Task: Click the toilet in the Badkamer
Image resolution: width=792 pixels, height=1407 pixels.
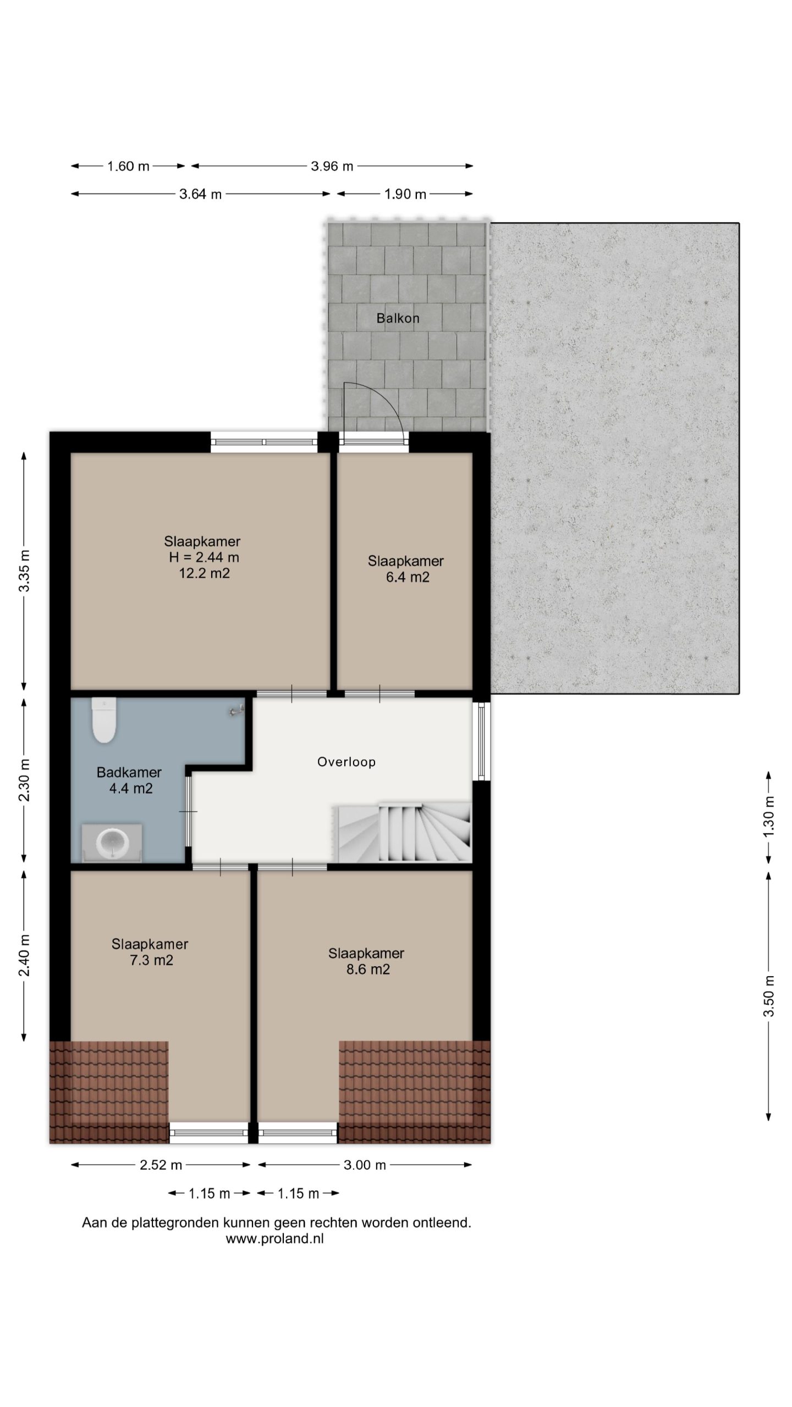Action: [103, 720]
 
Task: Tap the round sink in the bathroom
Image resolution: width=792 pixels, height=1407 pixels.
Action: [113, 841]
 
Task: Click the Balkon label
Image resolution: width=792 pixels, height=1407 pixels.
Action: [398, 318]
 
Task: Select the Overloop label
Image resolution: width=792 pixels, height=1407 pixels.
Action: [346, 762]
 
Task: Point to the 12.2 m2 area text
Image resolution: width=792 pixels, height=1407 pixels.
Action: [204, 574]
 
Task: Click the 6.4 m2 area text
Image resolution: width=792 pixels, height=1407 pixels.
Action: [408, 577]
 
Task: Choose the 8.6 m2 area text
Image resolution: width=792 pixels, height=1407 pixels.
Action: [368, 969]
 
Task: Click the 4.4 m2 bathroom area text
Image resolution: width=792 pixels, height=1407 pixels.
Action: [131, 788]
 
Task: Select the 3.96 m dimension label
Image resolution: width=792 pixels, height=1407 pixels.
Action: [332, 166]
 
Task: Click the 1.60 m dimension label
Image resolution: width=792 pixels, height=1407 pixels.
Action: [128, 166]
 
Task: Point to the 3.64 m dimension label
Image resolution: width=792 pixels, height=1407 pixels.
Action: [201, 194]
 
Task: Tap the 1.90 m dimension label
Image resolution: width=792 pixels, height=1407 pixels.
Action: [405, 194]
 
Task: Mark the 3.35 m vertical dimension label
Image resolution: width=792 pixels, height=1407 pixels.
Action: [24, 570]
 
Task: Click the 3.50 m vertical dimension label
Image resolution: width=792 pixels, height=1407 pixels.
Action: [768, 996]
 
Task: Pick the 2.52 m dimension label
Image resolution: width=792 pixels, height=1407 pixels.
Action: [161, 1165]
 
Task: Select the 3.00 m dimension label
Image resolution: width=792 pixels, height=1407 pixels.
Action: [365, 1165]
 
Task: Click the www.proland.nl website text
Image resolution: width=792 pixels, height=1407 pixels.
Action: [274, 1239]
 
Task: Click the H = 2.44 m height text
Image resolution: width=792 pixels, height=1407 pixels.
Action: [204, 557]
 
